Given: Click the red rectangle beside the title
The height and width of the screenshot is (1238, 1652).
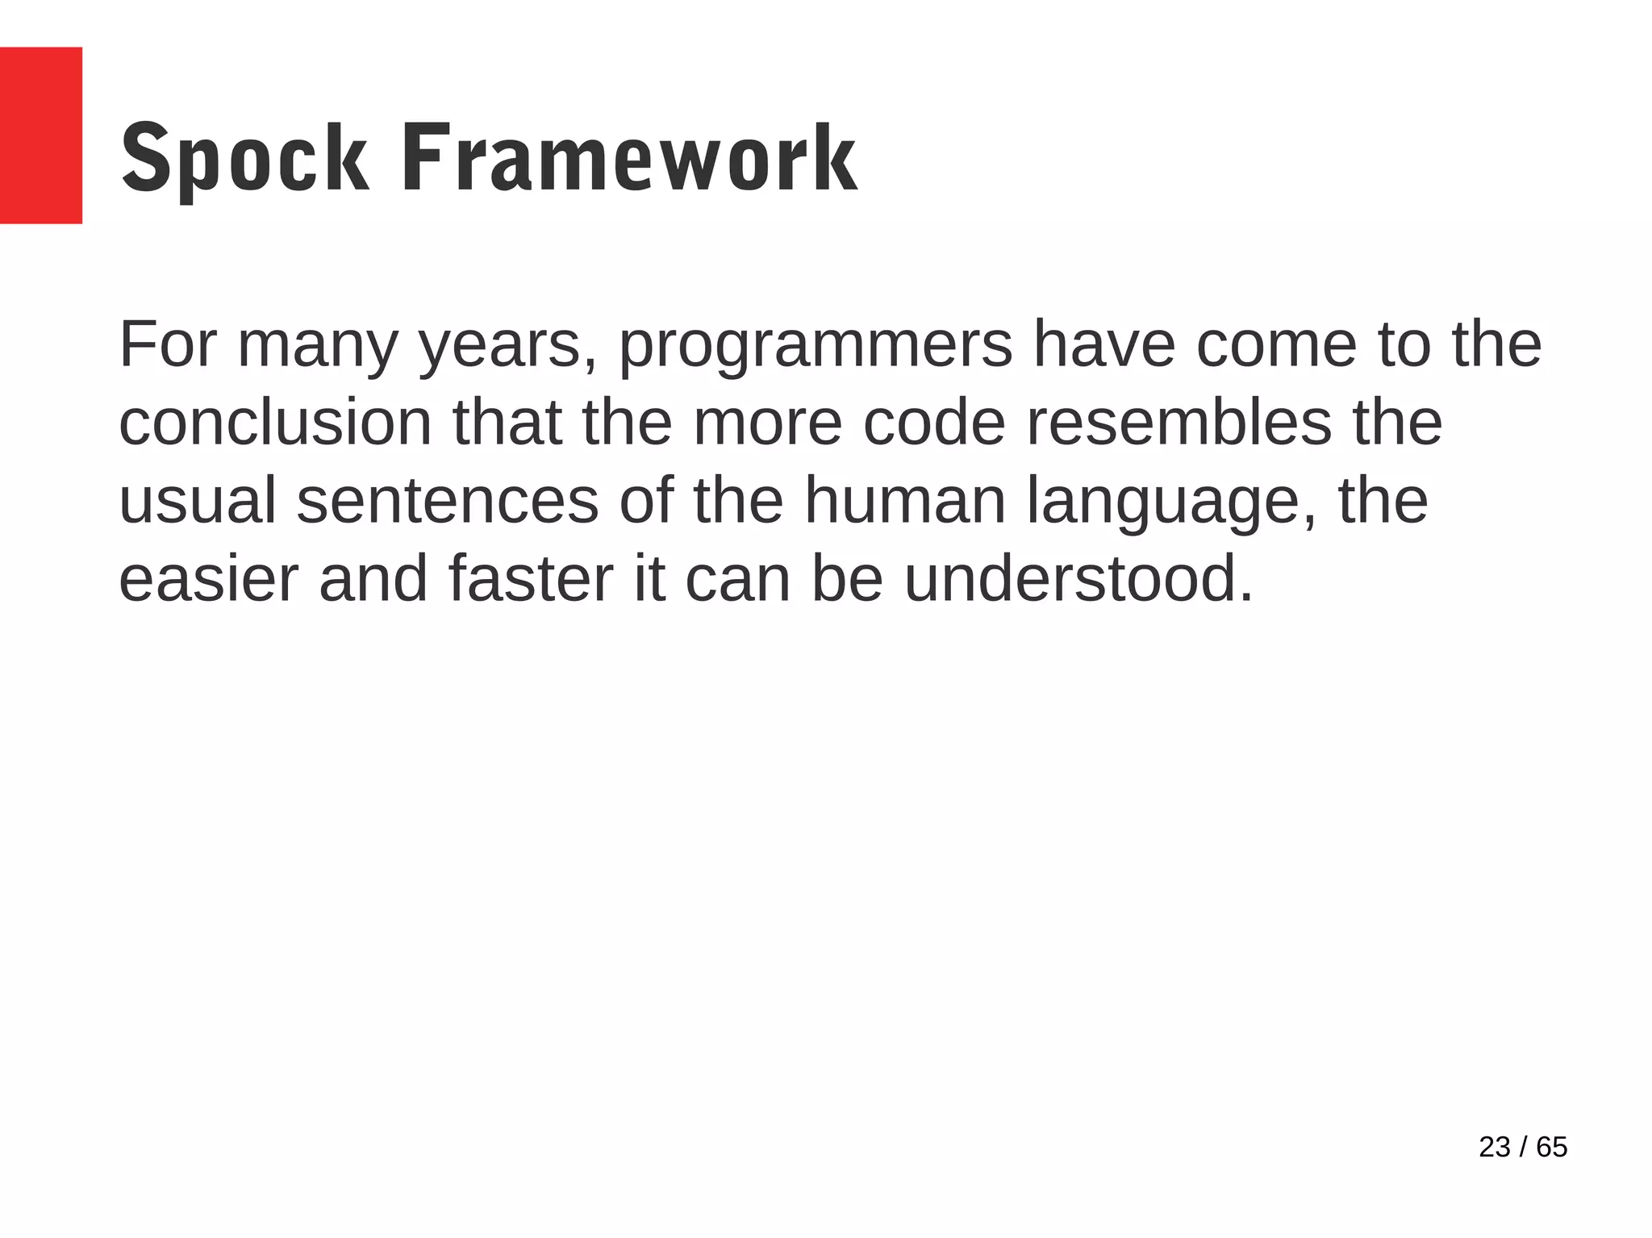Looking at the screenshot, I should [40, 135].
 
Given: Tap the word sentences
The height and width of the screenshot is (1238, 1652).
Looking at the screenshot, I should [448, 501].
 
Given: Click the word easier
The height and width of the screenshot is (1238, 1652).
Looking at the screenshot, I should [208, 579].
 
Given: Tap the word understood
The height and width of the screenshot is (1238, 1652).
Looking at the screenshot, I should [1078, 579].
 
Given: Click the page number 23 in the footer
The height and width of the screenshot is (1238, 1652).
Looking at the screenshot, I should [1494, 1147].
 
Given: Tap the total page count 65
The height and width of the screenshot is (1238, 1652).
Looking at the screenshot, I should [1551, 1147].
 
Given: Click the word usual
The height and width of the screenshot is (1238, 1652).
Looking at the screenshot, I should [198, 501].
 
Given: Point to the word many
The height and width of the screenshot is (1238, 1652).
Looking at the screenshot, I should [318, 347].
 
